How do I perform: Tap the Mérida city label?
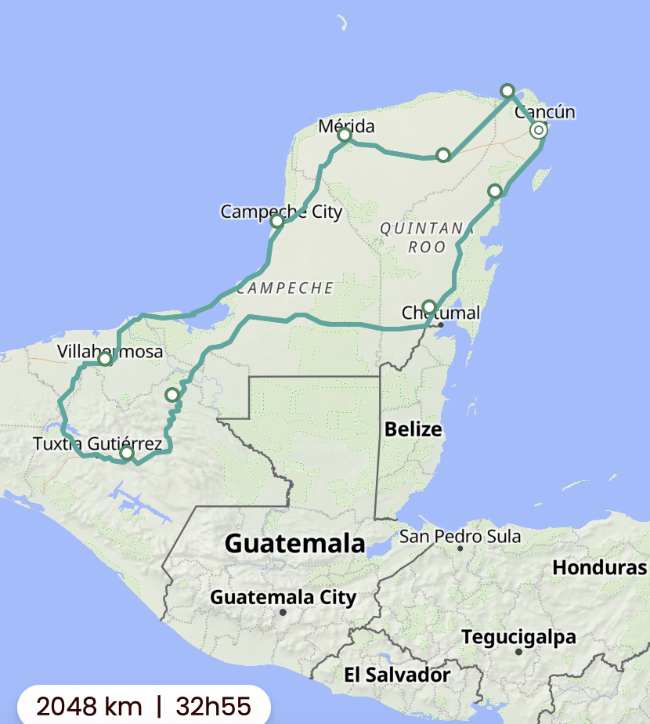click(x=346, y=126)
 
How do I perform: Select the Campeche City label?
click(x=281, y=212)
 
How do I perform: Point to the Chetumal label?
click(x=440, y=313)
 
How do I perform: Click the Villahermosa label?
click(x=110, y=352)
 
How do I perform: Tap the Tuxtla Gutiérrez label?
click(x=97, y=444)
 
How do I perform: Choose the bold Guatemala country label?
click(x=294, y=543)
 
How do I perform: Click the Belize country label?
click(x=413, y=429)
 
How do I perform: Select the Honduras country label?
click(x=600, y=567)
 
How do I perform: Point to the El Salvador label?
click(x=397, y=675)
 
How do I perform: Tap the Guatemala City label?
click(x=283, y=598)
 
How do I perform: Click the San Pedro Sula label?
click(x=460, y=537)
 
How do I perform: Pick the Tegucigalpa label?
click(x=518, y=637)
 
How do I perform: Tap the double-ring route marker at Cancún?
click(x=538, y=130)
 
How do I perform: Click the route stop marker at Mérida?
click(x=345, y=136)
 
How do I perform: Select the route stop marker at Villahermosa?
click(x=105, y=359)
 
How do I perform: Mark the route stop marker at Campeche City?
click(x=276, y=221)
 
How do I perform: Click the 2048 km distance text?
click(x=78, y=705)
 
